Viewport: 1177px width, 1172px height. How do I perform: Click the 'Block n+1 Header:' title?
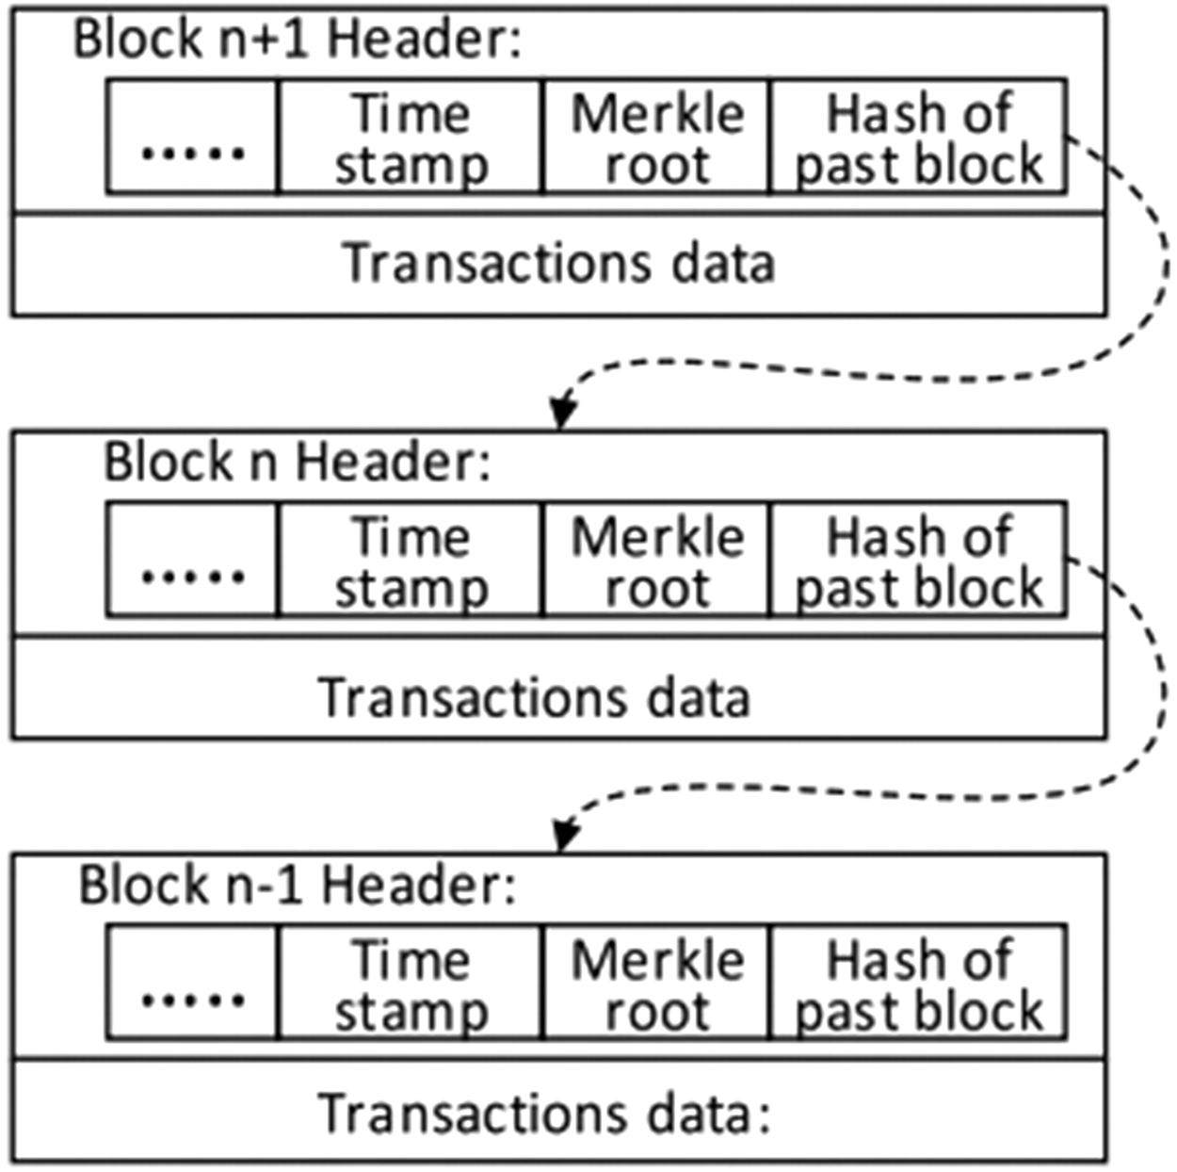tap(298, 40)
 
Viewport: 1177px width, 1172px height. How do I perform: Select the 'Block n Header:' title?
tap(298, 463)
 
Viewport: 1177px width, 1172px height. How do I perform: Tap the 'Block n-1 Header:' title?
tap(298, 886)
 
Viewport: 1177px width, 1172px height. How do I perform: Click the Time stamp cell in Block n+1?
tap(411, 138)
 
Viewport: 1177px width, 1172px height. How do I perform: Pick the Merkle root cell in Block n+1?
tap(656, 138)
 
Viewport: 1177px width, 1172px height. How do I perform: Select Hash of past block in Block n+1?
tap(918, 138)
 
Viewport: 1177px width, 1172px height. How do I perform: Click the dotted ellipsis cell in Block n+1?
tap(193, 138)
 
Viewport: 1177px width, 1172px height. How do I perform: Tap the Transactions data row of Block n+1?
tap(558, 264)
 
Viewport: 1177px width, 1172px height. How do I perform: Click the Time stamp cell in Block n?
tap(411, 561)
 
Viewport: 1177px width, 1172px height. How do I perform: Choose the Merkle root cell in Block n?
tap(656, 561)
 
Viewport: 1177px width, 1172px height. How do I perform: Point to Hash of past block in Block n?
tap(918, 561)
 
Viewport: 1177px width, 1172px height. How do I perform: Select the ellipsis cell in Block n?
tap(193, 561)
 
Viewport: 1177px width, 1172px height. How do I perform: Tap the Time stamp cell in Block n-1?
tap(411, 984)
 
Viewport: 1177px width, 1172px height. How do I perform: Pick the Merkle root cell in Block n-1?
tap(656, 984)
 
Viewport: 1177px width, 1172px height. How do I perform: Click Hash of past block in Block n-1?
tap(918, 984)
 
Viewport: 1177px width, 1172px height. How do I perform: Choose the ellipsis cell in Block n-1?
tap(193, 984)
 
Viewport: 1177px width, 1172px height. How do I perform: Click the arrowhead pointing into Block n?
tap(563, 412)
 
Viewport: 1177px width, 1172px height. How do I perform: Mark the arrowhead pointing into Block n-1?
tap(563, 835)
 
